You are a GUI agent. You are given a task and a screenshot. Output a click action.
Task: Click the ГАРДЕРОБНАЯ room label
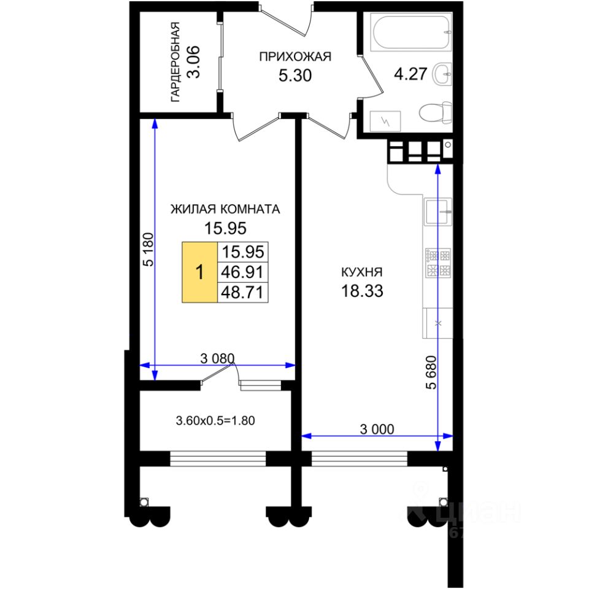pos(175,61)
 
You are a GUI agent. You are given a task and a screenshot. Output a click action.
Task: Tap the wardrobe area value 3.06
pos(193,62)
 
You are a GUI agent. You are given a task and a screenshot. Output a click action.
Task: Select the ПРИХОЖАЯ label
pos(294,57)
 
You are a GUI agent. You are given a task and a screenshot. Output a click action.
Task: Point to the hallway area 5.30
pos(294,76)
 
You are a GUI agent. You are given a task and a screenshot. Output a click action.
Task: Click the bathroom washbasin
pos(442,74)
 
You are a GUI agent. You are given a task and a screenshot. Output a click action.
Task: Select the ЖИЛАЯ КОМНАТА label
pos(225,209)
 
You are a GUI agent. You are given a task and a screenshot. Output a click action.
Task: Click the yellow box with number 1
pos(199,272)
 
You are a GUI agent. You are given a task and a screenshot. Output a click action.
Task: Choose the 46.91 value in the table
pos(243,272)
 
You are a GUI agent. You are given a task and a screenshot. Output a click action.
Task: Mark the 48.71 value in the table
pos(243,292)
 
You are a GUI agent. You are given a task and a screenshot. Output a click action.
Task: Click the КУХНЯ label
pos(363,272)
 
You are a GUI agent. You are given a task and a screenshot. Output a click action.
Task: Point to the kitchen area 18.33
pos(363,291)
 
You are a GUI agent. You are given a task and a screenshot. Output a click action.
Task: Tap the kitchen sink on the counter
pos(438,214)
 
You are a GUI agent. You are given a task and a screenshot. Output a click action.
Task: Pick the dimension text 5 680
pos(432,372)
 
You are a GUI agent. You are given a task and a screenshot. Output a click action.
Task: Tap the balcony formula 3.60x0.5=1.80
pos(215,421)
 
